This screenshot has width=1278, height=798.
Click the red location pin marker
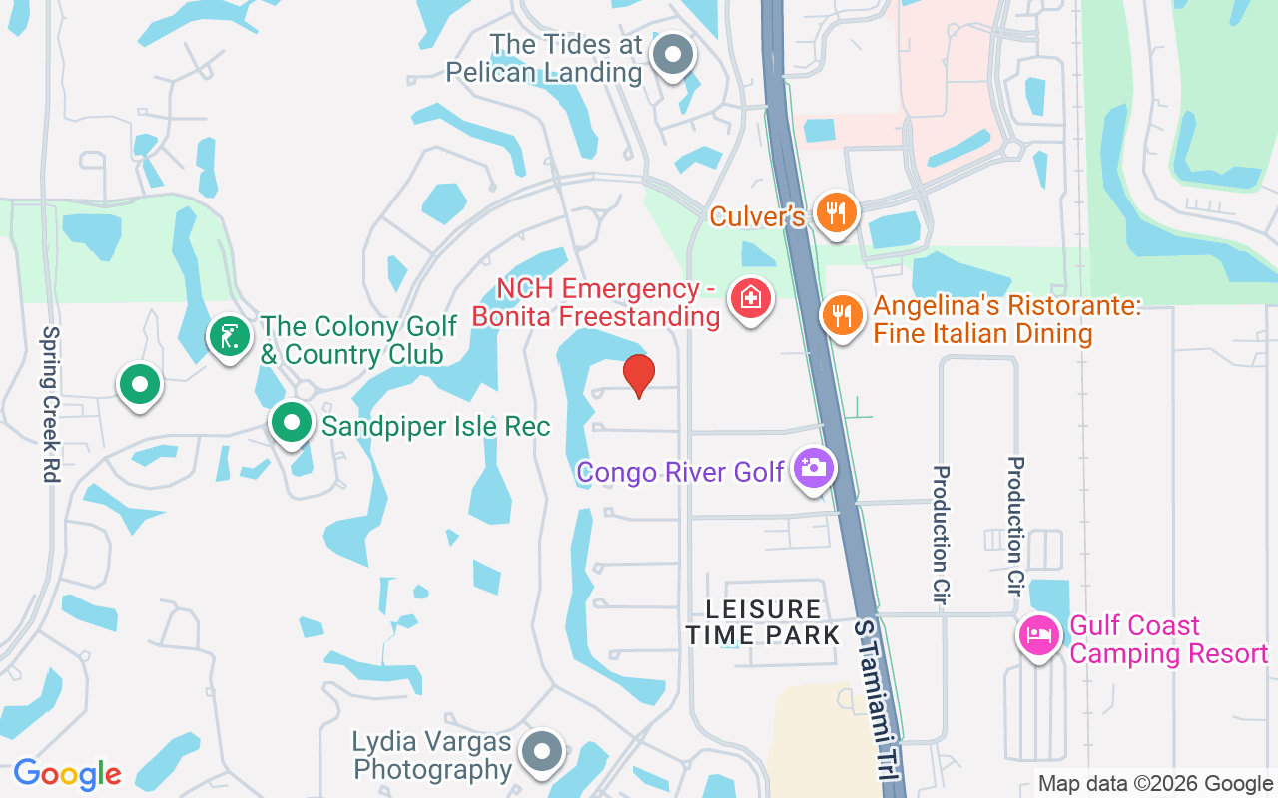pyautogui.click(x=638, y=375)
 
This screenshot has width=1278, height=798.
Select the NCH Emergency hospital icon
pyautogui.click(x=751, y=297)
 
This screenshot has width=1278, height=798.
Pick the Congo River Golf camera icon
pyautogui.click(x=813, y=467)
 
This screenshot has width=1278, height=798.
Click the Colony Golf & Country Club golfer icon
pyautogui.click(x=229, y=337)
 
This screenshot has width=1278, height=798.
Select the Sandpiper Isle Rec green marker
pyautogui.click(x=291, y=423)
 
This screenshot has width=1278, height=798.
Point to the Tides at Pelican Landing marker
pyautogui.click(x=672, y=56)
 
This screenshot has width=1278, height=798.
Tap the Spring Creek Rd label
pyautogui.click(x=51, y=404)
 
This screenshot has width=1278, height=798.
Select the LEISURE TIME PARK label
pyautogui.click(x=764, y=621)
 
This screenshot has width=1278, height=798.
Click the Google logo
pyautogui.click(x=67, y=773)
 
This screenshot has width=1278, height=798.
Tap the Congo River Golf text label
pyautogui.click(x=680, y=472)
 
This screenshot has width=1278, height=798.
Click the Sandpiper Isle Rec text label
pyautogui.click(x=436, y=427)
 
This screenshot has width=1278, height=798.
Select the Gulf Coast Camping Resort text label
pyautogui.click(x=1169, y=640)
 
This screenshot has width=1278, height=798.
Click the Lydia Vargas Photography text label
pyautogui.click(x=432, y=756)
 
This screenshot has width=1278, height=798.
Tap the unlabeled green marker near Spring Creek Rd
pyautogui.click(x=140, y=385)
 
